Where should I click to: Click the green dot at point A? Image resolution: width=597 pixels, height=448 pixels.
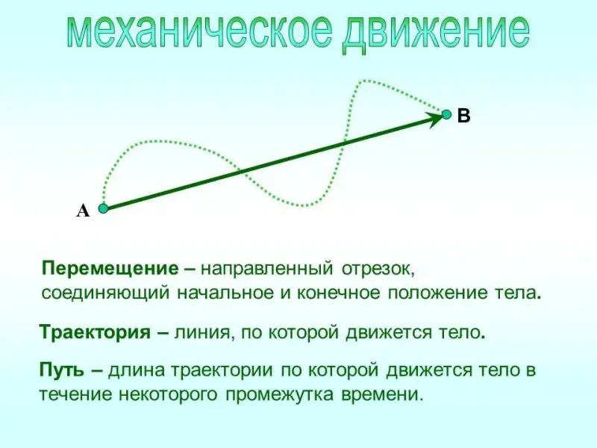click(103, 208)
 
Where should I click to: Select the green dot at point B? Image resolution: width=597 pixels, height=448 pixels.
click(446, 114)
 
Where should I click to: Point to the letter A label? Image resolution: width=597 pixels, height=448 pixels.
click(83, 211)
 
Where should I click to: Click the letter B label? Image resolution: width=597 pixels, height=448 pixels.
click(463, 116)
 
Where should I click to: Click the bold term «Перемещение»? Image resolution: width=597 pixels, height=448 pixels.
click(110, 270)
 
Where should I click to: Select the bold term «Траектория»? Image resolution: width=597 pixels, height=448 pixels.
click(96, 332)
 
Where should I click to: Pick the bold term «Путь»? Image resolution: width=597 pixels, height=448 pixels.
click(62, 370)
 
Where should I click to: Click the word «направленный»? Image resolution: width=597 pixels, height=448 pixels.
click(267, 270)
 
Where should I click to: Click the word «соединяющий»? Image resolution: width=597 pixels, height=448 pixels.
click(105, 293)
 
